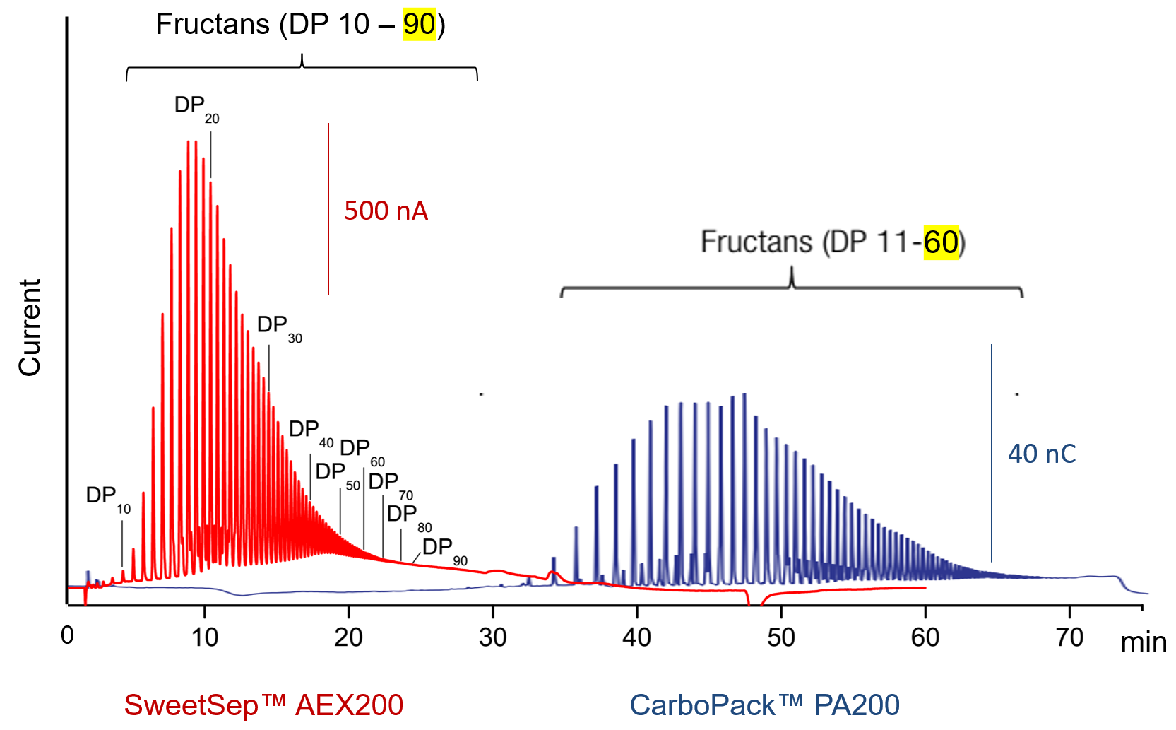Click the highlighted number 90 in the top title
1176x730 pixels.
point(419,25)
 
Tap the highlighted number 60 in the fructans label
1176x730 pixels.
point(941,242)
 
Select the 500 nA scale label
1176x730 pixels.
point(386,211)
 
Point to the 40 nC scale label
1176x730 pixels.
point(1042,454)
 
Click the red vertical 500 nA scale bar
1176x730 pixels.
point(328,208)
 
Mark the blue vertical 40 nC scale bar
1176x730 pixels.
point(992,452)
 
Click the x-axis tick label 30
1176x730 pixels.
point(492,638)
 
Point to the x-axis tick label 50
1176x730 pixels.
point(780,638)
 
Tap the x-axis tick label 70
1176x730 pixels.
point(1069,638)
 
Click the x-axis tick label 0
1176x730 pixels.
point(67,636)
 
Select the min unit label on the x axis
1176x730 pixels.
point(1144,642)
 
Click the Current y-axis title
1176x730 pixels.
point(30,327)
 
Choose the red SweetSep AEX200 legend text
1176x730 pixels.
point(263,705)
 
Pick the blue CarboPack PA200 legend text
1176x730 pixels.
point(764,705)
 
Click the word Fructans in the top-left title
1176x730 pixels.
point(213,25)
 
